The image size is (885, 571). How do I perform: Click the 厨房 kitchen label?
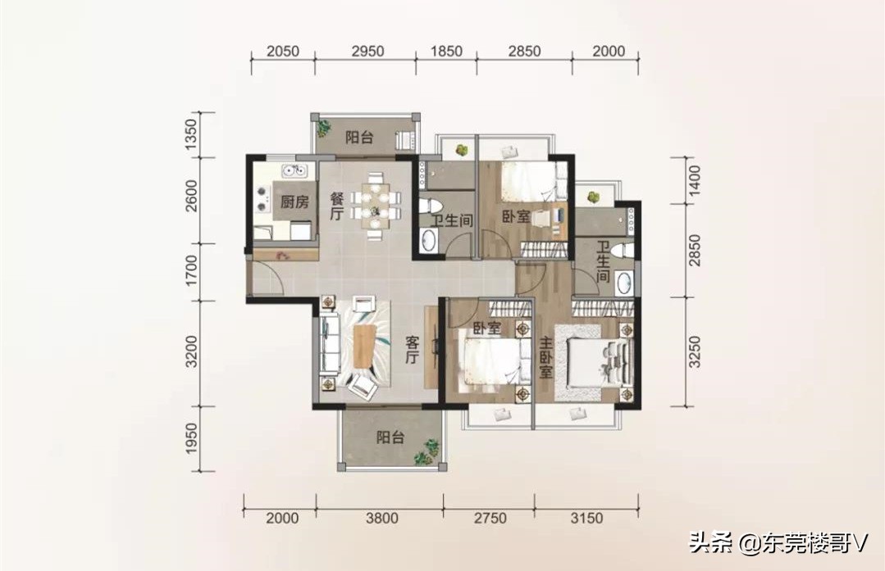[294, 202]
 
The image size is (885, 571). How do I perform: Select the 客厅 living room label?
[412, 350]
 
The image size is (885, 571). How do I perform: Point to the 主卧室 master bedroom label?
[545, 358]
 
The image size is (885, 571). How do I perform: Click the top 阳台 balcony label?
[359, 137]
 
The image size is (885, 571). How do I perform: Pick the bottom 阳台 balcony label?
[390, 437]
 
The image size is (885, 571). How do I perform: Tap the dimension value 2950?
[367, 52]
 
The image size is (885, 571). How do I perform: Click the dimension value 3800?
[382, 518]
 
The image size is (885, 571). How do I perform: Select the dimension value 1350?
[191, 134]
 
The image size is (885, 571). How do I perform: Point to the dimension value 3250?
[694, 351]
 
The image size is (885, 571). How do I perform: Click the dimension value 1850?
[446, 52]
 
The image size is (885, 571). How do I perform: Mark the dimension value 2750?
[490, 518]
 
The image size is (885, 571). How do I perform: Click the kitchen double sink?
[295, 169]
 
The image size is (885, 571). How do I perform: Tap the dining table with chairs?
[375, 205]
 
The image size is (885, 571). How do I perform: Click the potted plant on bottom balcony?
[427, 451]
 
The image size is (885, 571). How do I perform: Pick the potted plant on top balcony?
[323, 128]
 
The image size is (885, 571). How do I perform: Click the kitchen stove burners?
[262, 199]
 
